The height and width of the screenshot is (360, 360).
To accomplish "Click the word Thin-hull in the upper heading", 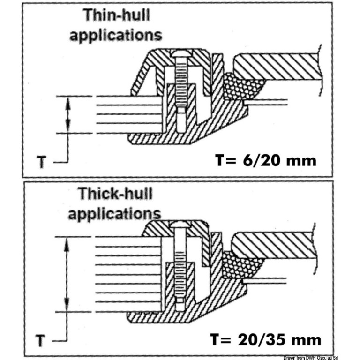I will pos(117,15).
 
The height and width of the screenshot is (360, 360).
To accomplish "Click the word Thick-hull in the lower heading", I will pos(115,194).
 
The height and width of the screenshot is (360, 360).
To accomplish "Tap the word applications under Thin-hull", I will pos(116,35).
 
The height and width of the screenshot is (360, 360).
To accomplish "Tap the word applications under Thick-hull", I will pos(114,213).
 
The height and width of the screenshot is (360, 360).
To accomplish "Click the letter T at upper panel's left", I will pos(42,162).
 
